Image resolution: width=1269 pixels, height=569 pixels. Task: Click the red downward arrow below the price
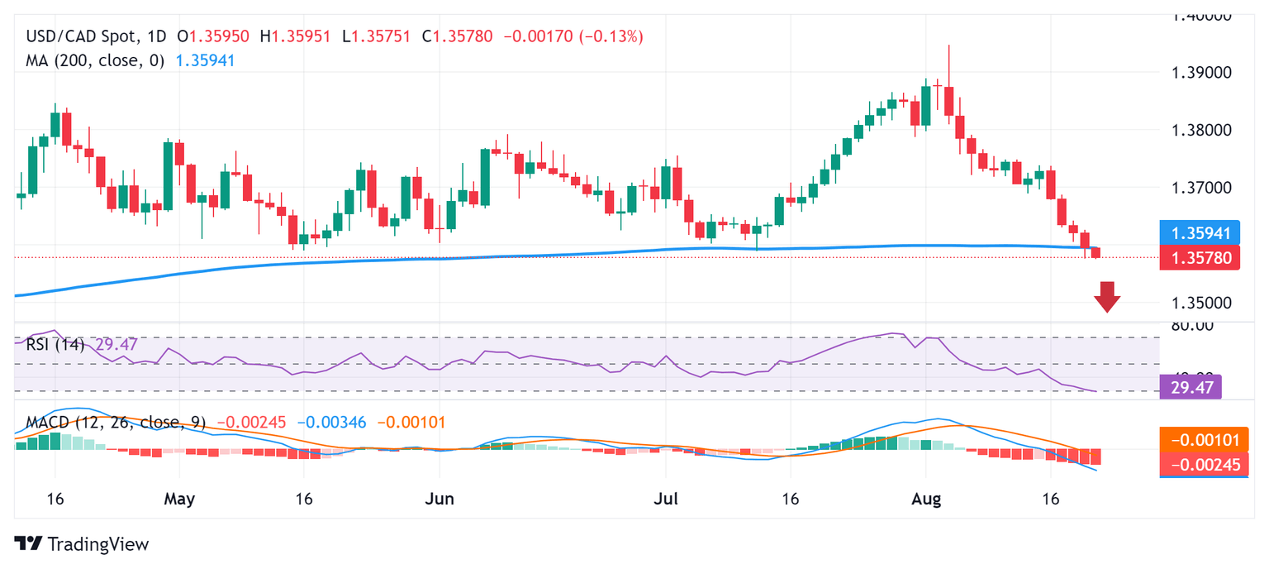click(1107, 297)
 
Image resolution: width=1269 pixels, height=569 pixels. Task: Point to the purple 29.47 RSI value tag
click(1190, 386)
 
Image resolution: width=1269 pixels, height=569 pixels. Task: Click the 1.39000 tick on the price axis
click(1202, 73)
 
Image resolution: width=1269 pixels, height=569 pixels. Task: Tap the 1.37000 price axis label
click(1202, 188)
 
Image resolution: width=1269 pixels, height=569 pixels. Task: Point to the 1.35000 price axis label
click(1202, 303)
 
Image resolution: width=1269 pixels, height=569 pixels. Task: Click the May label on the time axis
click(179, 500)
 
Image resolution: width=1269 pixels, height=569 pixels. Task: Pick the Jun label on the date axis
click(439, 500)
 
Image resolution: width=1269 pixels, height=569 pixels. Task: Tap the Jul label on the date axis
click(665, 500)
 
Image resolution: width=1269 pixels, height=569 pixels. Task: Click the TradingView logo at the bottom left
click(82, 544)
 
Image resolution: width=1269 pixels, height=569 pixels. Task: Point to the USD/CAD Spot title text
click(79, 36)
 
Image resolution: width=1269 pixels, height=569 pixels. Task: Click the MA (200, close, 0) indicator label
click(95, 60)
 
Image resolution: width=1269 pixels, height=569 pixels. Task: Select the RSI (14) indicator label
click(55, 345)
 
